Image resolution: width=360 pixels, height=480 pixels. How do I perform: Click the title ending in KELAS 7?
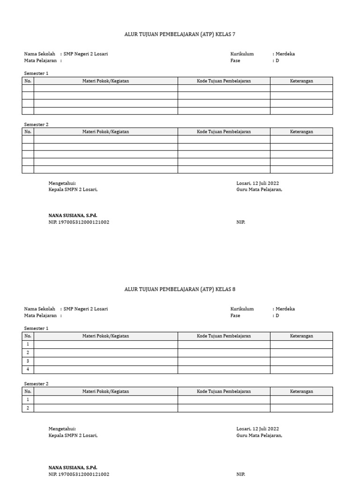(x=180, y=34)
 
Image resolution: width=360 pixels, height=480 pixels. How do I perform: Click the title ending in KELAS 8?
(x=180, y=289)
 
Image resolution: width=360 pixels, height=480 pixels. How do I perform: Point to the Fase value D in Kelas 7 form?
(x=277, y=60)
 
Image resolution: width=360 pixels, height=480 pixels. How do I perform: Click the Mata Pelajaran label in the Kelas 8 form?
(x=40, y=315)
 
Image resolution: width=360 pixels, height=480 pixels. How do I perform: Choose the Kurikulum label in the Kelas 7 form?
(x=242, y=54)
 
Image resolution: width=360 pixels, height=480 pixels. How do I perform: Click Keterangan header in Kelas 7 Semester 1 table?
(x=301, y=81)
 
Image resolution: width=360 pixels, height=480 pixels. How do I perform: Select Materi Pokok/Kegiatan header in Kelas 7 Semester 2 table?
(x=105, y=132)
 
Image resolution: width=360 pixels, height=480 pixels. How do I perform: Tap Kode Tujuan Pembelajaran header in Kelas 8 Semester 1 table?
(x=224, y=336)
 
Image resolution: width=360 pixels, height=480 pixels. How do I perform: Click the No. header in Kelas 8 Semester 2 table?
(x=28, y=391)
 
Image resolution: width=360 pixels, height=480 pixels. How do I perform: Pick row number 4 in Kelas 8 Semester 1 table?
(x=28, y=369)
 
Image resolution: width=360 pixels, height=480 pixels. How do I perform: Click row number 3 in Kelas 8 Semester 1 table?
(x=28, y=361)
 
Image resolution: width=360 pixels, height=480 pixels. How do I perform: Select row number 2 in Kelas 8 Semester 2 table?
(x=28, y=408)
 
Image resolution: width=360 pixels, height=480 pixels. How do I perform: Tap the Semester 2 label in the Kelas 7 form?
(x=36, y=125)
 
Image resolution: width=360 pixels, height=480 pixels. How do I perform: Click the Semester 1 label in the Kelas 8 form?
(x=36, y=329)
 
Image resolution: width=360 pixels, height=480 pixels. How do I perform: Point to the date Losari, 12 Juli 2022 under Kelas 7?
(x=257, y=183)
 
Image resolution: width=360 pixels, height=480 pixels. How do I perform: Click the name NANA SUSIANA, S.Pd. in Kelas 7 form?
(x=73, y=216)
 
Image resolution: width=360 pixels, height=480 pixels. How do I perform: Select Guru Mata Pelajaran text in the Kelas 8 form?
(x=259, y=435)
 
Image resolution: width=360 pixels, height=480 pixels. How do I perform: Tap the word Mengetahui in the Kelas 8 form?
(x=62, y=428)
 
